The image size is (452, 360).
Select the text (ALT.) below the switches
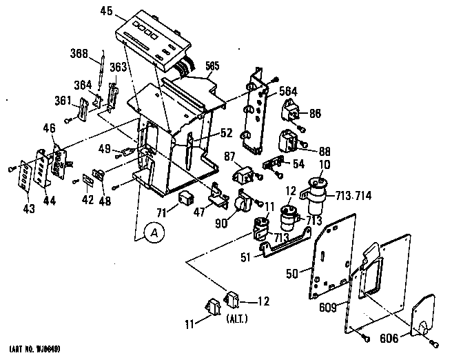click(237, 319)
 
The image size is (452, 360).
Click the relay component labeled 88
click(287, 143)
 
